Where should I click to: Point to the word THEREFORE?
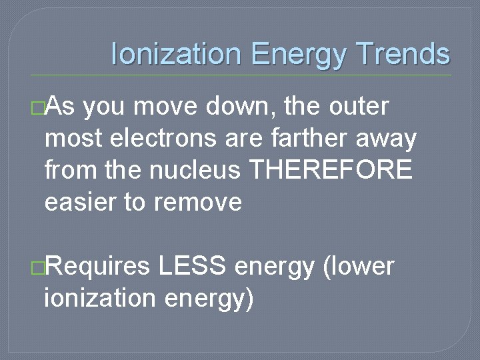click(331, 170)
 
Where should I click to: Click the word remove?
click(198, 202)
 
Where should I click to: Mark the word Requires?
click(98, 267)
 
